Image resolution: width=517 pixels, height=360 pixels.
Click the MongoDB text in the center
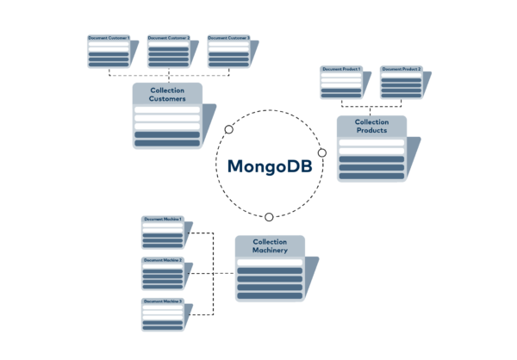click(x=270, y=166)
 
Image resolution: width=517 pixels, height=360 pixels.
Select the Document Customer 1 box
click(x=108, y=52)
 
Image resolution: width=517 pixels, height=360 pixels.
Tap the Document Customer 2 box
click(x=168, y=52)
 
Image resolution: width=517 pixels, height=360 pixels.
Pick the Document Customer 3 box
click(x=228, y=52)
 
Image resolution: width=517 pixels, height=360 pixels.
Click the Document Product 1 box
click(x=341, y=82)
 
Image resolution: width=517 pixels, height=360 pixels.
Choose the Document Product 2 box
click(x=402, y=82)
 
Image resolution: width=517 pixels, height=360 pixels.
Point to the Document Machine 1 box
click(x=163, y=233)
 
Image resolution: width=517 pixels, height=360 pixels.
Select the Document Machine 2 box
click(x=163, y=273)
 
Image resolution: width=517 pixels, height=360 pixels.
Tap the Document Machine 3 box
click(x=163, y=314)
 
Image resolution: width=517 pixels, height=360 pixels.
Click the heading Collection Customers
click(x=167, y=94)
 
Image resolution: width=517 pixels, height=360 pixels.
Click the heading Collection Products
click(x=371, y=126)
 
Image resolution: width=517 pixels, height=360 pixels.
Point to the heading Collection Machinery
click(x=270, y=246)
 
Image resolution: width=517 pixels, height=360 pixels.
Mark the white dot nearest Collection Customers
click(x=229, y=129)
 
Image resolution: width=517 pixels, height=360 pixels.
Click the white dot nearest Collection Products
click(x=322, y=152)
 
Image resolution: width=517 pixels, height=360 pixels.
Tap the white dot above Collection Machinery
click(x=269, y=217)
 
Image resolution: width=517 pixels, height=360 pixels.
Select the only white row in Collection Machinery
click(x=270, y=262)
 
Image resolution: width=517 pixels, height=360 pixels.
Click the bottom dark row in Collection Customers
click(x=167, y=135)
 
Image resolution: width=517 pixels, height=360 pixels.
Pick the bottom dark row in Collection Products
click(x=371, y=176)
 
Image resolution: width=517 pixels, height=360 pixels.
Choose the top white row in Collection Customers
click(x=167, y=110)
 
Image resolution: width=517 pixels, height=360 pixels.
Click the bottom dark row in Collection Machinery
click(x=270, y=295)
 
